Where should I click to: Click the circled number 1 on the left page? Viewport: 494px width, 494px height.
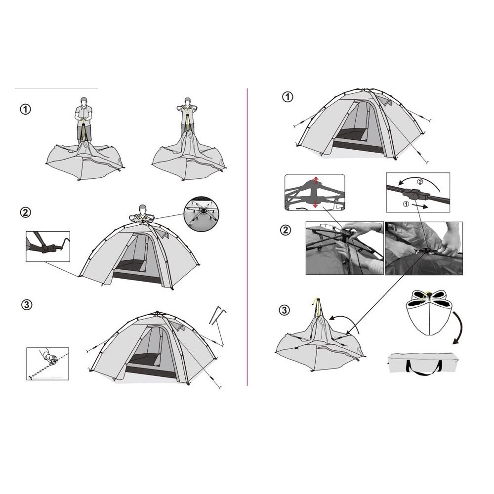26,109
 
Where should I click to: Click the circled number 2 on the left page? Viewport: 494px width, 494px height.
26,212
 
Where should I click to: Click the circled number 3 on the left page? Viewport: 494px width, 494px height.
27,305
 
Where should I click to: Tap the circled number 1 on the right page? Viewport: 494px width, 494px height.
288,97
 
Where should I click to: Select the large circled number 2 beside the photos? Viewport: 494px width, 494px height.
286,230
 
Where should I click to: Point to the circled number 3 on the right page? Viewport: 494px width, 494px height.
284,310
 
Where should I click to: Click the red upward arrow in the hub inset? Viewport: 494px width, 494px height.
316,181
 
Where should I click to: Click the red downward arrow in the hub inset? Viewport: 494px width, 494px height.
315,204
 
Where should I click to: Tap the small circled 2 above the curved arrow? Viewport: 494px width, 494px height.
420,181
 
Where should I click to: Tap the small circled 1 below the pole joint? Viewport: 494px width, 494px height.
406,204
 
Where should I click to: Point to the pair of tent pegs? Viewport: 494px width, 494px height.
217,315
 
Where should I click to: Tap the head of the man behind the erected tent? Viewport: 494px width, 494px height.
143,208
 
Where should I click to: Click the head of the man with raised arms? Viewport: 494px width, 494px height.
188,102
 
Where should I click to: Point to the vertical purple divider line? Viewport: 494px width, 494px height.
247,237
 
